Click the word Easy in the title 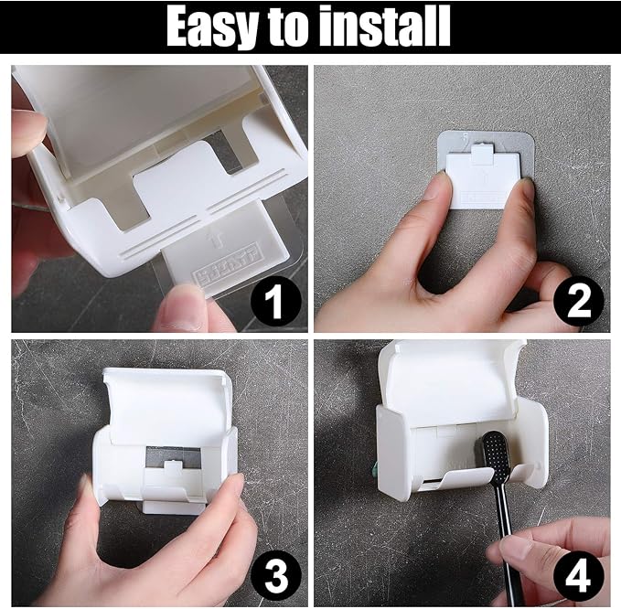(212, 27)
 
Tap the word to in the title (287, 27)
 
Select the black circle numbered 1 (276, 301)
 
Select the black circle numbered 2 (579, 301)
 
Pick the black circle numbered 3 (276, 576)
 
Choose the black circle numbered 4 (579, 576)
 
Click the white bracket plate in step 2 (482, 180)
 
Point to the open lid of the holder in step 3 (166, 404)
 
